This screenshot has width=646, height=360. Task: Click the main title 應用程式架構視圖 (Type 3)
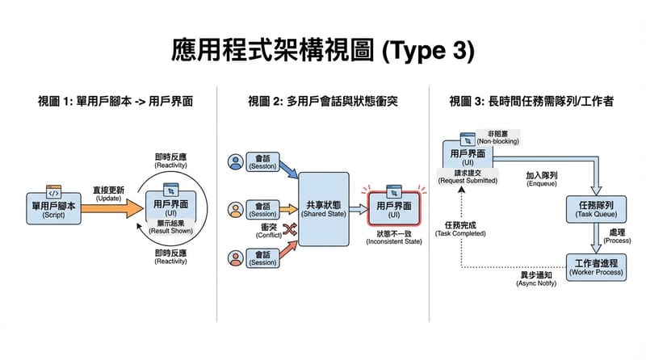coord(323,50)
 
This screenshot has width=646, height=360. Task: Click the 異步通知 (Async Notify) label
coord(525,279)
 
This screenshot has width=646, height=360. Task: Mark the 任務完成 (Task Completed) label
coord(460,228)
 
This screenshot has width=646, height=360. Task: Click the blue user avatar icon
coord(236,161)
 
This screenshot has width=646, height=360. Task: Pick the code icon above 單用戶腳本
coord(54,191)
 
